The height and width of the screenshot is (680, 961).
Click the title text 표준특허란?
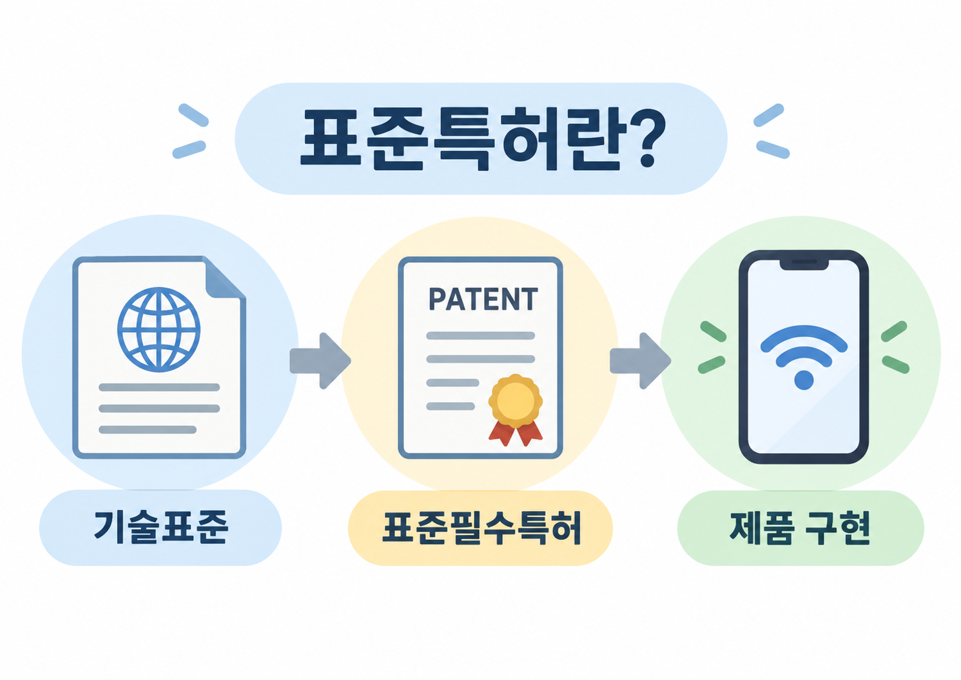click(483, 139)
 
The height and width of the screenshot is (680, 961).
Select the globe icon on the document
click(159, 329)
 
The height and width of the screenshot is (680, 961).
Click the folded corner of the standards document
click(224, 279)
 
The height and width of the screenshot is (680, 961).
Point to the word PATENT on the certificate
click(483, 299)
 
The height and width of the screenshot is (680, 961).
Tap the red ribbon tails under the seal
click(515, 432)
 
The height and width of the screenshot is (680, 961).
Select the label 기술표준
click(160, 527)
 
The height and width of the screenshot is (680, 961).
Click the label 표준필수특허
click(481, 528)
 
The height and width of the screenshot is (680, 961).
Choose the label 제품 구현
click(800, 528)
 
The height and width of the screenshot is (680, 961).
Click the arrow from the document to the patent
click(320, 361)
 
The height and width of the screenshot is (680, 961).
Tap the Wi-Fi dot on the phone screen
click(804, 380)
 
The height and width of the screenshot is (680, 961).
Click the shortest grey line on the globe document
click(148, 429)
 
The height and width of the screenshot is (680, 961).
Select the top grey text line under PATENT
click(481, 336)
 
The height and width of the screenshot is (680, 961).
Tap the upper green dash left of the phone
click(713, 332)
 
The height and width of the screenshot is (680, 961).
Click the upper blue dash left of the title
click(193, 115)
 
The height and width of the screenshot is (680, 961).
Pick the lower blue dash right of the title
click(773, 150)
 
